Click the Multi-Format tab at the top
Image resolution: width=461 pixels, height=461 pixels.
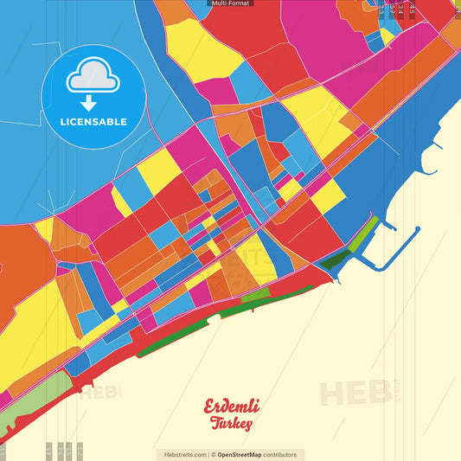point(230,3)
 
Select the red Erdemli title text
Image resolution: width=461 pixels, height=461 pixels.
point(231,406)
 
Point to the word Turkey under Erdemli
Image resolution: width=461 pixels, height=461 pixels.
point(231,424)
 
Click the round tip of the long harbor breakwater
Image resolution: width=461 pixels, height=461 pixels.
point(417,230)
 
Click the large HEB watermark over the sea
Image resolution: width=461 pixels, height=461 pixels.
point(355,394)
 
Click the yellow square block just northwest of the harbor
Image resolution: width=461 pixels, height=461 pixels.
point(328,196)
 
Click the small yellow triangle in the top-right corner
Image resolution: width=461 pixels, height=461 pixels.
point(387,35)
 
